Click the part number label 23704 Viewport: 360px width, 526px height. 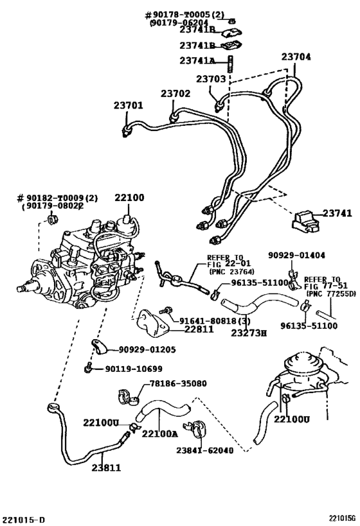[296, 57]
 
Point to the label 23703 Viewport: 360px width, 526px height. [210, 80]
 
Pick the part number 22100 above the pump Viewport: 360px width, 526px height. [129, 198]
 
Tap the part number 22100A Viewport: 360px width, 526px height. [159, 434]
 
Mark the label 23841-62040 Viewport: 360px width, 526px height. [204, 450]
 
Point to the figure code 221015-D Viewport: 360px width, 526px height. [23, 519]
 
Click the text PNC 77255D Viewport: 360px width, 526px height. [330, 294]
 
